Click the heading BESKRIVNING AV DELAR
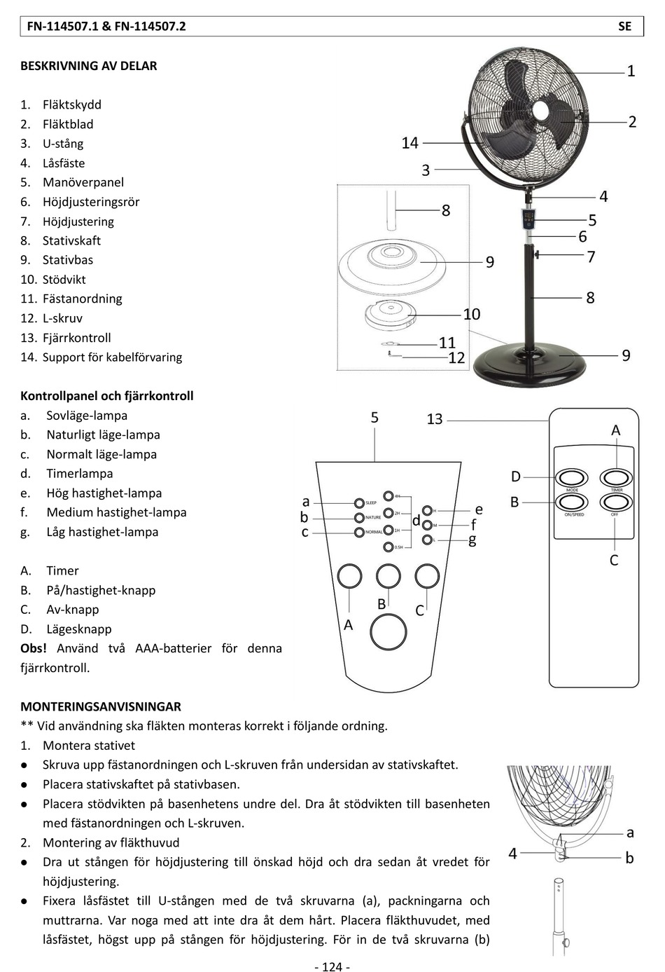[89, 66]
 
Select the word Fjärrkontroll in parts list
[76, 338]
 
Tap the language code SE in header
[624, 27]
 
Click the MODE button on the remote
[572, 478]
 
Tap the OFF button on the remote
[616, 502]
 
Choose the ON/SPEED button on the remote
[572, 502]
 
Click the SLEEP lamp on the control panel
[359, 503]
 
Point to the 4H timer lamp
[389, 496]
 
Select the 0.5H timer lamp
[389, 547]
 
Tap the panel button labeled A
[349, 576]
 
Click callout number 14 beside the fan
[409, 143]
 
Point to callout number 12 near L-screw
[456, 358]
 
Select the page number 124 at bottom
[332, 967]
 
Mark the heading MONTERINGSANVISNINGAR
[101, 706]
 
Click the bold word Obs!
[34, 648]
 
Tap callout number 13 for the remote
[435, 419]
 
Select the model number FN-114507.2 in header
[150, 27]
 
